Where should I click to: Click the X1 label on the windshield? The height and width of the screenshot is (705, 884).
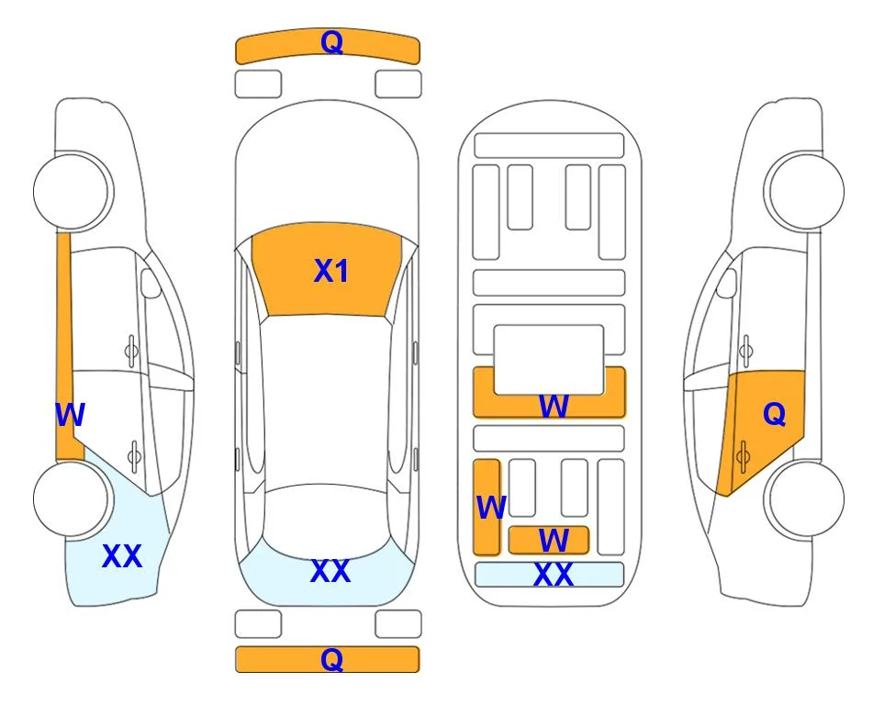point(331,271)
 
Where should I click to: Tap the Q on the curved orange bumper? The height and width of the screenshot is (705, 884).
point(332,41)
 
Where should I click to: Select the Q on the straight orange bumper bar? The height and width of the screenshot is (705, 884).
point(332,659)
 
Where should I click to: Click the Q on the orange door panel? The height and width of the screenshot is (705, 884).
point(774,415)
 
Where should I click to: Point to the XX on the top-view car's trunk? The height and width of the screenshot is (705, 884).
point(330,571)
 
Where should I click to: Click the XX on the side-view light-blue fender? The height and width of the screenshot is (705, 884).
point(122,556)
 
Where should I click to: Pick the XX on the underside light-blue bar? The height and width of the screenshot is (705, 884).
point(553,575)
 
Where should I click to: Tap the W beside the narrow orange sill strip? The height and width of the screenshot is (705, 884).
point(70,415)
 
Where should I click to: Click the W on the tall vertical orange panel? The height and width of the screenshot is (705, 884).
point(491,508)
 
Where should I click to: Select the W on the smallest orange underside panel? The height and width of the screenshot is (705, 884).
point(554,541)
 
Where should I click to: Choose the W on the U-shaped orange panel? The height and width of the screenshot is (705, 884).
point(554,406)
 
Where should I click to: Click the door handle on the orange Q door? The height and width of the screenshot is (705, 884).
point(743,456)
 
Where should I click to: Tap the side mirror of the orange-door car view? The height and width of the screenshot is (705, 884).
point(727,283)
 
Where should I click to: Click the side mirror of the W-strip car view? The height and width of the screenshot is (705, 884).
point(151,283)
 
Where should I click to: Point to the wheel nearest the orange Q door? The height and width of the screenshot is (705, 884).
point(804,498)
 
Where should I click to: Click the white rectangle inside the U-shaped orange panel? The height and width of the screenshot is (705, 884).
point(549,360)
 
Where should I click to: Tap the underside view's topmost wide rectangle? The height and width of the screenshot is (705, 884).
point(549,146)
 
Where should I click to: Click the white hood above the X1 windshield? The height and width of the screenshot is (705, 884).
point(327,169)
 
